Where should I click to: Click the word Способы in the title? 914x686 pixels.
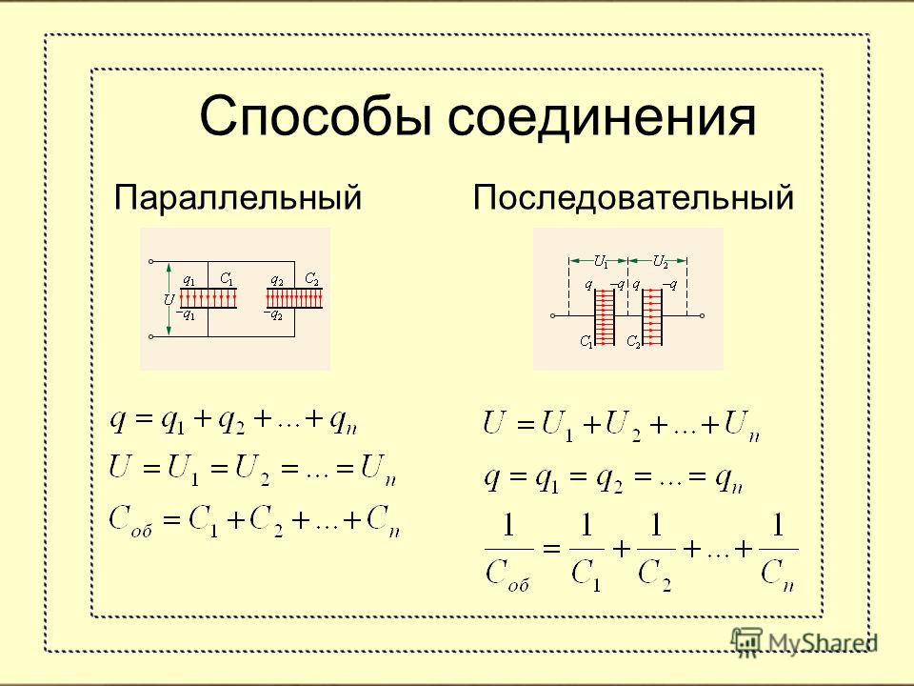coord(315,116)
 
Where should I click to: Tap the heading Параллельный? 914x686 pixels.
coord(237,197)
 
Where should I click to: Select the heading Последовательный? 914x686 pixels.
coord(633,197)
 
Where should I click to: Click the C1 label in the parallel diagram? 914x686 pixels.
coord(227,279)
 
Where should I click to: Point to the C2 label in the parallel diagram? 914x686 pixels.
coord(312,279)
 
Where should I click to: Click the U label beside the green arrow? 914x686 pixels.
coord(169,300)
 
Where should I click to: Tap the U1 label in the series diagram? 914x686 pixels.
coord(601,261)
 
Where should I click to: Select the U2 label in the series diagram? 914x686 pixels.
coord(660,261)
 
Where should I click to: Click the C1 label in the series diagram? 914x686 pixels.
coord(586,341)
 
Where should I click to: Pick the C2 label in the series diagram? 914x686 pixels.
coord(633,341)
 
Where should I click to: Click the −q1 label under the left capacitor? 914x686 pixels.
coord(186,315)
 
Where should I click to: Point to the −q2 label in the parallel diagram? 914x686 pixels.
coord(273,315)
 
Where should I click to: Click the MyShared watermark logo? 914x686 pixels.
coord(805,642)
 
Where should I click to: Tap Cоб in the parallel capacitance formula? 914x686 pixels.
coord(130,520)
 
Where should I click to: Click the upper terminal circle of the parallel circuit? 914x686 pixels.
coord(151,262)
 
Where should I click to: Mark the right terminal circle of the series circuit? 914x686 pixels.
coord(702,315)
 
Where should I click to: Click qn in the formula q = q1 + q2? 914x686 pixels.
coord(343,421)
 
